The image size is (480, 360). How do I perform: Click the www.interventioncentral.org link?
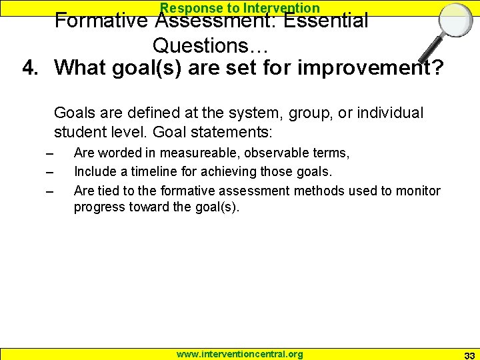[x=239, y=354]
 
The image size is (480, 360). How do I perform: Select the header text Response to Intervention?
[x=240, y=7]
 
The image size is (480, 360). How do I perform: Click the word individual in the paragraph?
[x=390, y=113]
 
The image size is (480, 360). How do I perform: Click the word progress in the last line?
[x=97, y=207]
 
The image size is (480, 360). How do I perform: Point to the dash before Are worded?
[x=49, y=154]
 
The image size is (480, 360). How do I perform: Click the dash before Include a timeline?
[x=49, y=173]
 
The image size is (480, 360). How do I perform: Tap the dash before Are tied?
[x=49, y=192]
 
